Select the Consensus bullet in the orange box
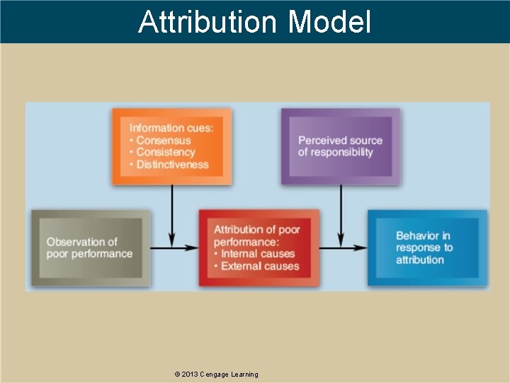click(163, 140)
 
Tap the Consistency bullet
click(165, 152)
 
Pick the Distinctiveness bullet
click(172, 165)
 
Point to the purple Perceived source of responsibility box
click(340, 146)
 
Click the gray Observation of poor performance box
click(89, 248)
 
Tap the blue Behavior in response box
click(426, 248)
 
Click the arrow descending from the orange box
click(171, 213)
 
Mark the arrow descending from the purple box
click(341, 213)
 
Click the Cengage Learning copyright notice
click(216, 374)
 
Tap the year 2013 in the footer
click(190, 374)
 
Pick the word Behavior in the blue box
click(423, 235)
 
